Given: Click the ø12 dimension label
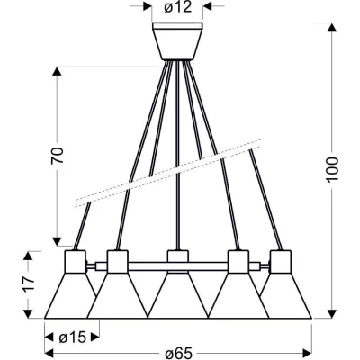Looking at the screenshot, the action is pyautogui.click(x=177, y=7).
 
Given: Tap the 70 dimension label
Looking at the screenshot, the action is pyautogui.click(x=58, y=156).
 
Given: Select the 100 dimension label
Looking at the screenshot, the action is pyautogui.click(x=332, y=169).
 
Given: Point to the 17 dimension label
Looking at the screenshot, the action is pyautogui.click(x=28, y=283).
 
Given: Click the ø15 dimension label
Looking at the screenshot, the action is pyautogui.click(x=72, y=337).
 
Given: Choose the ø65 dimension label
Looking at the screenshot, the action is pyautogui.click(x=179, y=354).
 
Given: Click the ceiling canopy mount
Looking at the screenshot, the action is pyautogui.click(x=177, y=41).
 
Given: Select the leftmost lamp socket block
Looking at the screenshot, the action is pyautogui.click(x=76, y=262).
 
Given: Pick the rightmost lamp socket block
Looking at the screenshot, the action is pyautogui.click(x=280, y=262).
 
